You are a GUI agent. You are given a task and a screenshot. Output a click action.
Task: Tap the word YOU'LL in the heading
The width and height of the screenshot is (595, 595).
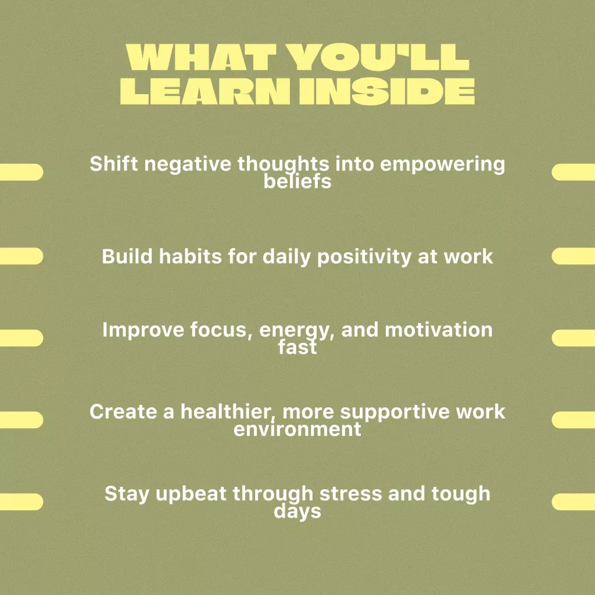(x=378, y=58)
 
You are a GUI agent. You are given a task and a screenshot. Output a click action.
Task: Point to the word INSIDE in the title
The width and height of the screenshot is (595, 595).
(x=387, y=91)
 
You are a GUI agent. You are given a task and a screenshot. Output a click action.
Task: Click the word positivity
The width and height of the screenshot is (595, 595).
(x=364, y=257)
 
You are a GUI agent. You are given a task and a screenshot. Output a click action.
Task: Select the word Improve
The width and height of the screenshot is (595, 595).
(x=143, y=330)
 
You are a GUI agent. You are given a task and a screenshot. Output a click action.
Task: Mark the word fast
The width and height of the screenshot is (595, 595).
(x=297, y=346)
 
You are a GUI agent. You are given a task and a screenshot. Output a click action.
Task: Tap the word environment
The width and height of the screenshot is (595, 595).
(x=297, y=429)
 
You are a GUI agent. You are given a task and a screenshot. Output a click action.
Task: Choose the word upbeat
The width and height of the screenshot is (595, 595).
(x=191, y=494)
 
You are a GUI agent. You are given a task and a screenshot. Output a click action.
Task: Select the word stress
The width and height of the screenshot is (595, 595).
(x=351, y=494)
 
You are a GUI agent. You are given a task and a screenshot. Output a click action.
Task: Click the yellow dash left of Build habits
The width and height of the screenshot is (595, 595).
(x=21, y=256)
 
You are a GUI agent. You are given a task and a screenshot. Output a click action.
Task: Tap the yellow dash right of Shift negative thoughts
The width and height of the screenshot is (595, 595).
(x=574, y=172)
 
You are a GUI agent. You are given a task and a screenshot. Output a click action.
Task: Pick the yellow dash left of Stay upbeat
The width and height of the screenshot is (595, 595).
(x=21, y=501)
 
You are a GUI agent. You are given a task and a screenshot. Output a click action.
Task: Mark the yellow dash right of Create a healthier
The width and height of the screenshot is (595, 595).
(x=574, y=420)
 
